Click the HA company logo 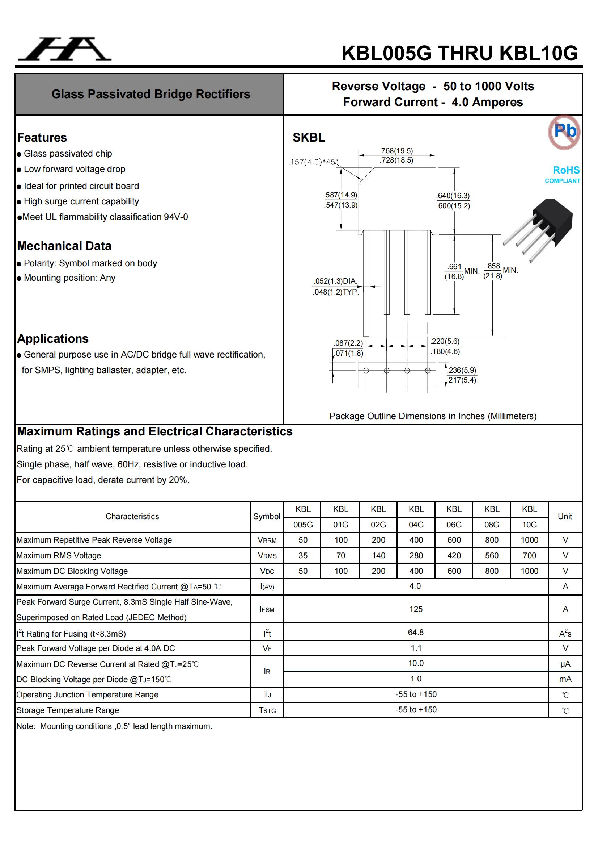(x=65, y=49)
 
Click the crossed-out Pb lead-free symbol (x=564, y=132)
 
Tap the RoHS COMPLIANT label (x=563, y=174)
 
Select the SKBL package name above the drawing (x=309, y=138)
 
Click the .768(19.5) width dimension (x=396, y=150)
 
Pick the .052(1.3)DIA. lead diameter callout (x=335, y=281)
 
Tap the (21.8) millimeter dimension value (x=493, y=276)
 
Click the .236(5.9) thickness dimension (x=462, y=370)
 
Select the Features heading (x=42, y=138)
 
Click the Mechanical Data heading (x=64, y=246)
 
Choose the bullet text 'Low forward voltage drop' (x=75, y=169)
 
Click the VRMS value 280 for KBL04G (x=416, y=556)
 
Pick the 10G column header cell (x=529, y=525)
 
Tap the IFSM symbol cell (x=267, y=609)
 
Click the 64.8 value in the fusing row (x=416, y=632)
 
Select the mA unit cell (x=565, y=679)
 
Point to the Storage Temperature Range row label (x=68, y=710)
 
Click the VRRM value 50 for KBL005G (x=303, y=540)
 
